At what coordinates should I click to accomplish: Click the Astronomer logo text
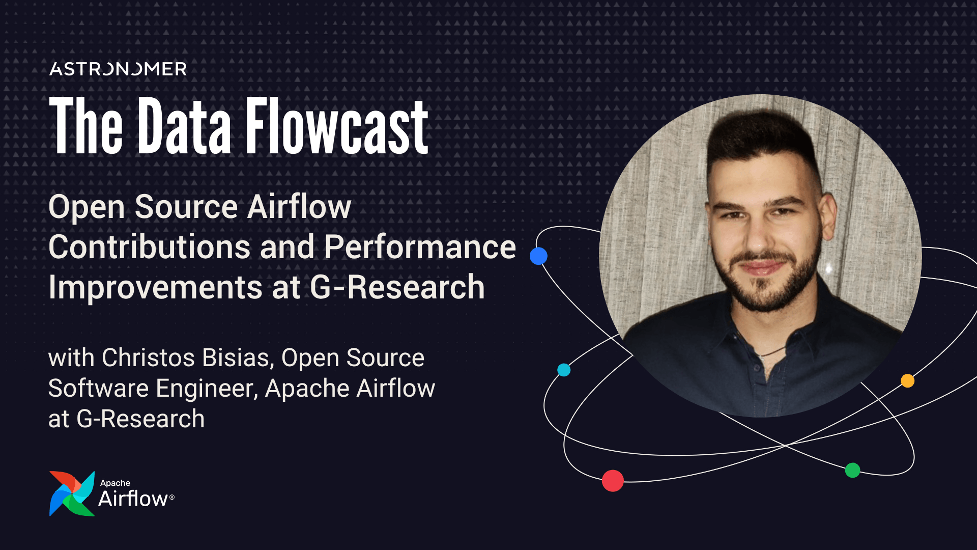(x=118, y=69)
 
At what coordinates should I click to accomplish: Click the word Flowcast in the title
(x=337, y=126)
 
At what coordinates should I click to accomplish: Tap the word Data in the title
(x=185, y=126)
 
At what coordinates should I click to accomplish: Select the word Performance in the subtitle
(x=420, y=247)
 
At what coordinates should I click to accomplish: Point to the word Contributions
(x=150, y=247)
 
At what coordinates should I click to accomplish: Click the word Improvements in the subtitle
(x=156, y=287)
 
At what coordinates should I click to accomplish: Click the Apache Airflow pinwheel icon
(x=72, y=493)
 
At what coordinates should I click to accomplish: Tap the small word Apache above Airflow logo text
(x=115, y=483)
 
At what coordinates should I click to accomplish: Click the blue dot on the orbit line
(x=538, y=256)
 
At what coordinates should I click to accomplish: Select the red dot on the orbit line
(x=613, y=480)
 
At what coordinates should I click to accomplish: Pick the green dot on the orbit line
(x=852, y=470)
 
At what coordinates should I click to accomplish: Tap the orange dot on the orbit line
(x=907, y=381)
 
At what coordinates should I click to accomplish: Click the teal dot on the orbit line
(x=564, y=370)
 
